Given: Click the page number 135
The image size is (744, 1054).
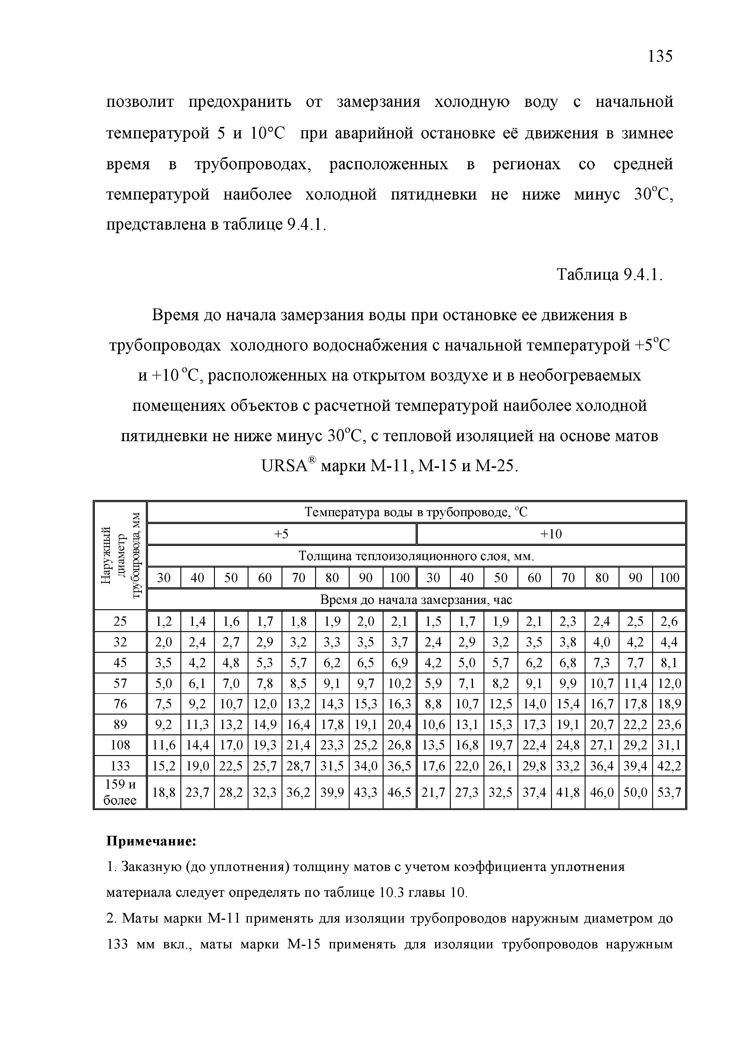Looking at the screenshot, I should click(x=660, y=56).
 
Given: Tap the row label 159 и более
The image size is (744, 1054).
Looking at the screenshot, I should click(x=120, y=792).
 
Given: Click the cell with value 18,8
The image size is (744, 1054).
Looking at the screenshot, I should click(x=164, y=792).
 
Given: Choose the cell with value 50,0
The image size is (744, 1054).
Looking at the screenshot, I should click(x=635, y=792).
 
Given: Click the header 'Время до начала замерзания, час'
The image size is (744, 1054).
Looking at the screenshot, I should click(x=416, y=600).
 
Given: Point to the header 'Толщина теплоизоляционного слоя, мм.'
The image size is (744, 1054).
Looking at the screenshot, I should click(x=416, y=556).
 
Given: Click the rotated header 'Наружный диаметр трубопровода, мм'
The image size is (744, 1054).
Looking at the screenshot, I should click(x=120, y=556).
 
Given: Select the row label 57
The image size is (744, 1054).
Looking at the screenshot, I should click(x=120, y=684).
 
